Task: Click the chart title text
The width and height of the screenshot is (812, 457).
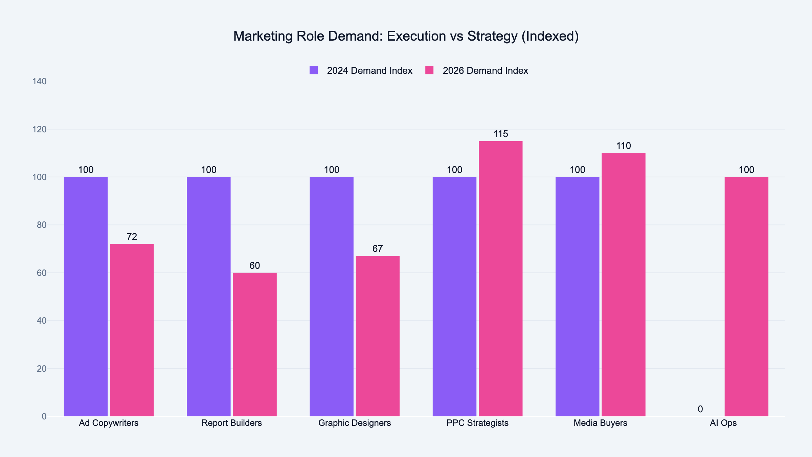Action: click(x=406, y=36)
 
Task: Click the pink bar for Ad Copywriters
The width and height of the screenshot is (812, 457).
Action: click(x=132, y=330)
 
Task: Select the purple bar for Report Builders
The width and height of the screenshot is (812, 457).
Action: click(x=209, y=296)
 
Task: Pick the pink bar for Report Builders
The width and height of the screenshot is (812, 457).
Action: click(x=255, y=344)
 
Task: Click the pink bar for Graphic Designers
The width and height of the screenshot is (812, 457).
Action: click(x=378, y=336)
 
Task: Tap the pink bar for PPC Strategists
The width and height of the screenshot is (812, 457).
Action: click(x=501, y=279)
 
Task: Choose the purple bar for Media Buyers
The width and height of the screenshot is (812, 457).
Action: click(x=578, y=296)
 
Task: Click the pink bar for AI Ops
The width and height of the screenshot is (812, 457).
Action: click(x=746, y=296)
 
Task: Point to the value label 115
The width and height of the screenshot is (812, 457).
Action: click(x=501, y=134)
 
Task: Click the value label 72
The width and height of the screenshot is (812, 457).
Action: click(x=132, y=237)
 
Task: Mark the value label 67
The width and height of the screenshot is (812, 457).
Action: click(x=378, y=249)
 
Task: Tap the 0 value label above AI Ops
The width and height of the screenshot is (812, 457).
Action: click(x=700, y=409)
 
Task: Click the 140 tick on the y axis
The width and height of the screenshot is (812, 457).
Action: click(x=39, y=82)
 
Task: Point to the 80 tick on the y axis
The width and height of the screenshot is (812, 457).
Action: click(x=42, y=225)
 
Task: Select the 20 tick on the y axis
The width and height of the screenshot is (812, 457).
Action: click(x=42, y=369)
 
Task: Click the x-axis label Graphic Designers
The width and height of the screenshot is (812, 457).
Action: click(x=355, y=423)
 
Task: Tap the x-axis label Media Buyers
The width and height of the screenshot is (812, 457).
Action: click(x=601, y=423)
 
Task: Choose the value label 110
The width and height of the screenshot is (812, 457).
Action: click(x=624, y=146)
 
